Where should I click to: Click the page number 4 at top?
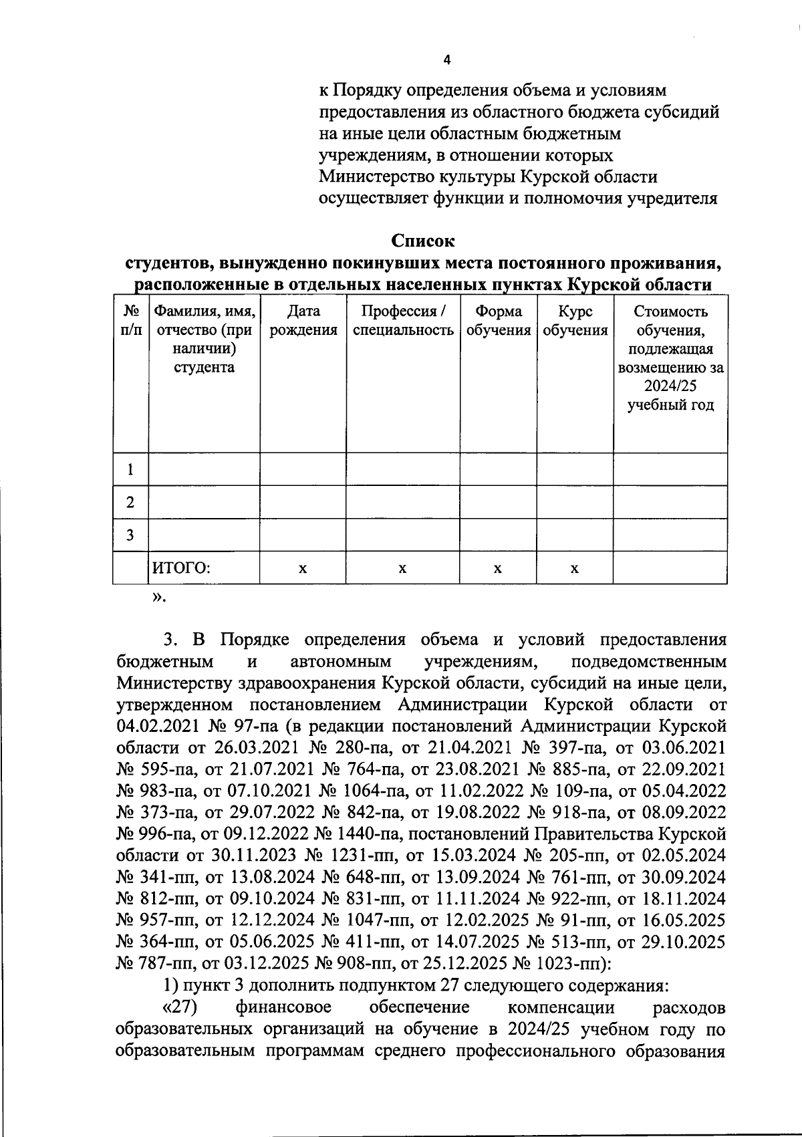tap(447, 60)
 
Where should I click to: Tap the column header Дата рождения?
tap(303, 320)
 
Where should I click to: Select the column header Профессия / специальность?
tap(403, 320)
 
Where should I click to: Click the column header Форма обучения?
tap(498, 320)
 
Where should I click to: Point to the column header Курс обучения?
tap(575, 320)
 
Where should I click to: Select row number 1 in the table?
tap(130, 469)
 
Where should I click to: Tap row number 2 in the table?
tap(130, 502)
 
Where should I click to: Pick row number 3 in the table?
tap(130, 535)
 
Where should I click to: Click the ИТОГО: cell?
tap(181, 568)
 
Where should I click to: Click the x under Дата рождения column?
tap(303, 569)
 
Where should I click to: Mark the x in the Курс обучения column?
tap(575, 569)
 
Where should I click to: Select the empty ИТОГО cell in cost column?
tap(670, 568)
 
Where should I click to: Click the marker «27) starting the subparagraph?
tap(180, 1007)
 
